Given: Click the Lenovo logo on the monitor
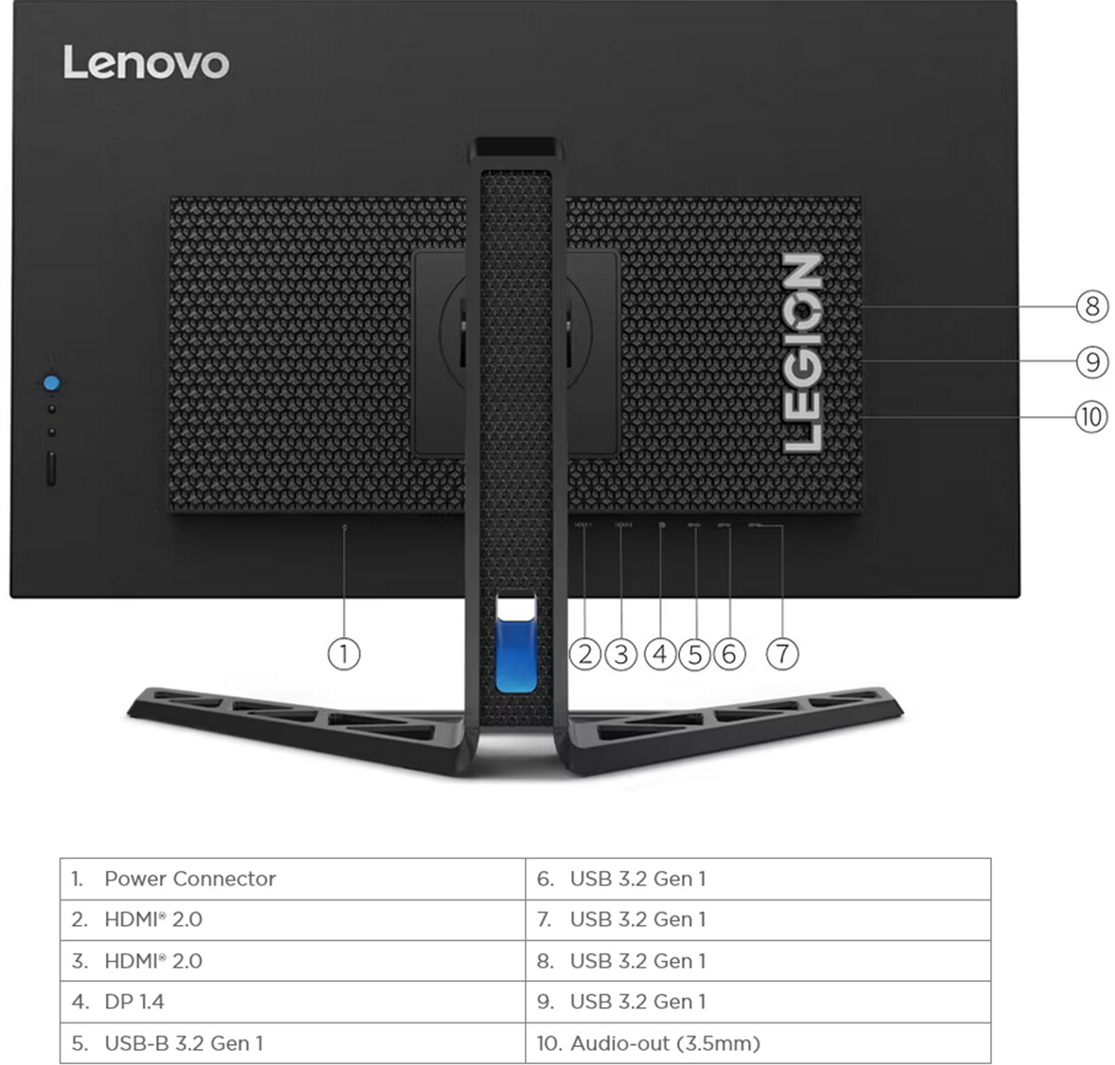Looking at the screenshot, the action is point(146,63).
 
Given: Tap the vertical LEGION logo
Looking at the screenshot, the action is point(803,352).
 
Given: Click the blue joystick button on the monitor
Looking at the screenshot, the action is point(51,383).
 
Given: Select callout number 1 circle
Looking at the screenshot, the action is point(343,654).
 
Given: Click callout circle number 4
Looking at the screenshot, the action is point(660,654).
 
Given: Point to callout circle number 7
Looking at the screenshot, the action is point(782,654).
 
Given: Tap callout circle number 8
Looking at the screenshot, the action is point(1092,306).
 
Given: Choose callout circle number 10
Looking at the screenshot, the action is point(1091,417).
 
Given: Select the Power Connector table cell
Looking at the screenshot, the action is point(189,879).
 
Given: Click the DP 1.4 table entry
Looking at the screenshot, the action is point(133,1002).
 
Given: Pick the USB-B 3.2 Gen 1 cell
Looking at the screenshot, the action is point(183,1043).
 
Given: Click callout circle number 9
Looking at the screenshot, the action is point(1092,361).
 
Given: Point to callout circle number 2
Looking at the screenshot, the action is point(585,654).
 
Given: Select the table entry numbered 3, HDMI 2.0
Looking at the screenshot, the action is point(152,961).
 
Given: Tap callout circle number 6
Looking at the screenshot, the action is point(728,654).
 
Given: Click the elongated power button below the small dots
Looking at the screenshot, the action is point(51,469).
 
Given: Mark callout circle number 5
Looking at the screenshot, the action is point(695,654).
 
